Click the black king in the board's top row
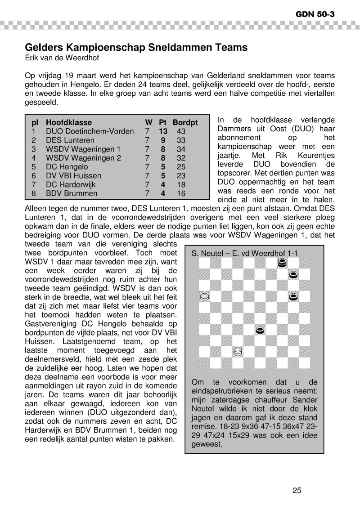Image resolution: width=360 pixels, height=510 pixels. (282, 263)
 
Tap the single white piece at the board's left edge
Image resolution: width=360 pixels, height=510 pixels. (204, 297)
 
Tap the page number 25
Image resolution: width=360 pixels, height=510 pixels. (297, 491)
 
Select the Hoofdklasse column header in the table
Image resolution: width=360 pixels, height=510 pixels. (69, 122)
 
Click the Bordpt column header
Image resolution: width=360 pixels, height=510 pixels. (185, 122)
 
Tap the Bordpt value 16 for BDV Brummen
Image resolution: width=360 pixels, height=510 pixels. (181, 193)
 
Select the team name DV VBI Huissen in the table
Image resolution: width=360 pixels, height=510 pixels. (73, 176)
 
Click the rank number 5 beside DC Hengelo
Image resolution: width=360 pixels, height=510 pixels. (33, 167)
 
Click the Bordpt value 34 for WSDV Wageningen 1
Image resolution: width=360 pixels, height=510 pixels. (181, 149)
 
